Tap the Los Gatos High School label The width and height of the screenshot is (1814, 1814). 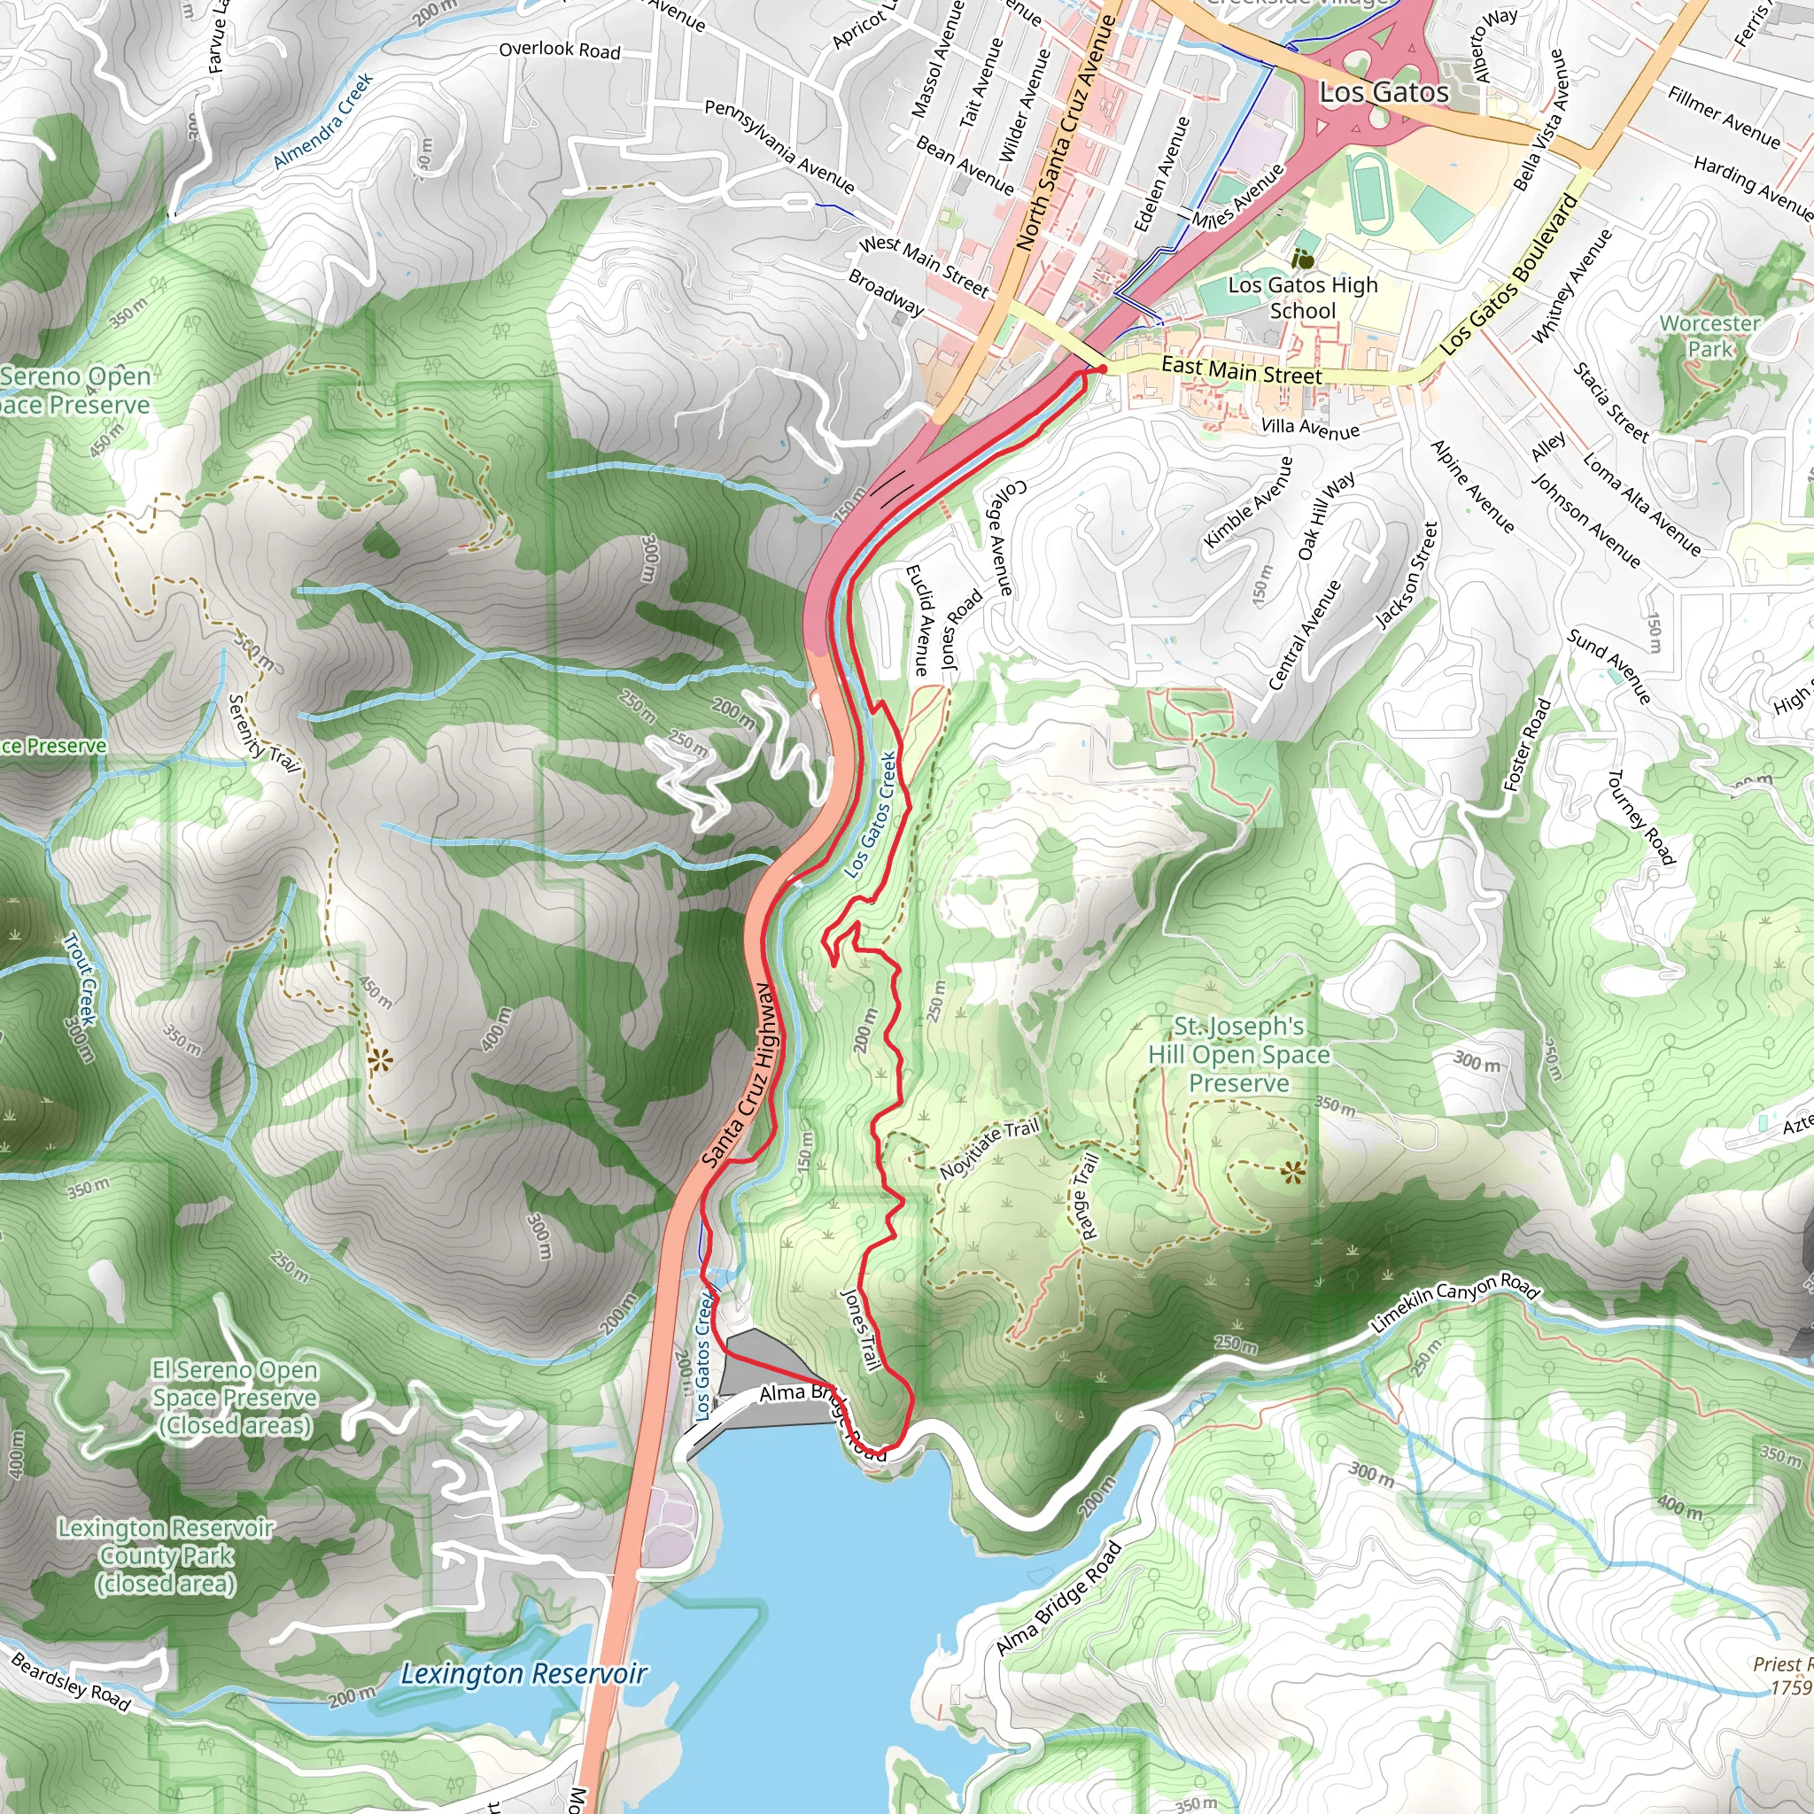coord(1302,297)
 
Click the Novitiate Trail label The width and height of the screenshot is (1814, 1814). coord(989,1148)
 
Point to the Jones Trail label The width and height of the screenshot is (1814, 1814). coord(861,1329)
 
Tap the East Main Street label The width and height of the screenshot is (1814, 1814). coord(1241,371)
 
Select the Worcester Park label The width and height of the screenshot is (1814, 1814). coord(1709,336)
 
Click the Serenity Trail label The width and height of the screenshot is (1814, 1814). coord(263,733)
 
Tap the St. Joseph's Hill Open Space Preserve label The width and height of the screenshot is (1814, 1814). coord(1238,1054)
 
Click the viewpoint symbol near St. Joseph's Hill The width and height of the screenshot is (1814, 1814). coord(1293,1171)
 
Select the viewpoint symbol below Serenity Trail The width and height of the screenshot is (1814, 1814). coord(379,1062)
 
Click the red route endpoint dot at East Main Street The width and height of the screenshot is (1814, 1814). coord(1102,369)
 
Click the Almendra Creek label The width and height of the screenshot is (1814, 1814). coord(323,121)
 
